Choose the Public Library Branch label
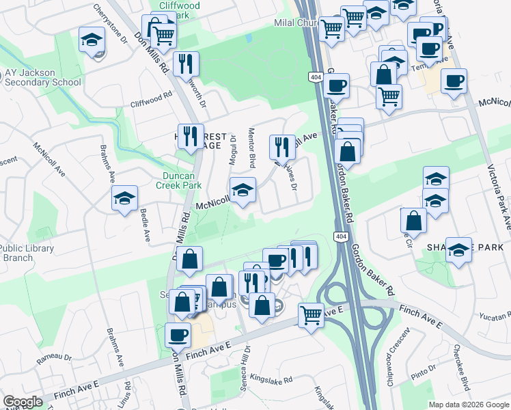[26, 253]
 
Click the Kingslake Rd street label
[271, 377]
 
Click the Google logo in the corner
[23, 402]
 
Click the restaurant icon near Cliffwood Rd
[186, 64]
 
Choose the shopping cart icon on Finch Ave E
[311, 315]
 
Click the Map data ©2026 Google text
[467, 404]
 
